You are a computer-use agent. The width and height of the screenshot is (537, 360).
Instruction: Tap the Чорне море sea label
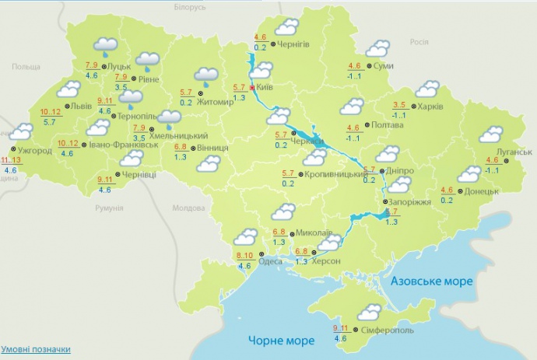pyautogui.click(x=281, y=341)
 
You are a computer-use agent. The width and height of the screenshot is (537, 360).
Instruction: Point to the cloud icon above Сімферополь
pyautogui.click(x=368, y=313)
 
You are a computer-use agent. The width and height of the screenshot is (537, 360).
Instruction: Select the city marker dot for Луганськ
pyautogui.click(x=504, y=160)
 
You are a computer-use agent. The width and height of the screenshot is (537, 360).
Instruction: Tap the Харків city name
pyautogui.click(x=431, y=107)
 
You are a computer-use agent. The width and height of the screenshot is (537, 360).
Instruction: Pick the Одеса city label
pyautogui.click(x=270, y=261)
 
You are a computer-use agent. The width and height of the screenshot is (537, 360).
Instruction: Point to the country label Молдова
pyautogui.click(x=188, y=208)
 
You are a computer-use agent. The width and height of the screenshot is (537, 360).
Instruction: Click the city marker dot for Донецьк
pyautogui.click(x=458, y=191)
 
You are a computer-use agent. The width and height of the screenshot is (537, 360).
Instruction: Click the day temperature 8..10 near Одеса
pyautogui.click(x=244, y=256)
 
